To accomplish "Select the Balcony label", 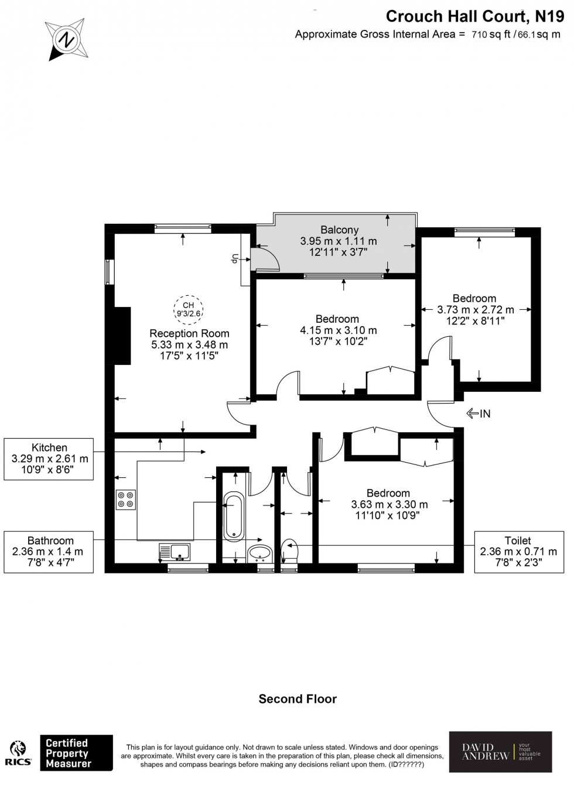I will tap(339, 230).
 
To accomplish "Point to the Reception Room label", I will tap(189, 334).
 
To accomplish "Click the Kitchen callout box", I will tap(49, 459).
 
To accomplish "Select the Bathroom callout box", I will tap(49, 552).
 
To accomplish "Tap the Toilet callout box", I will tap(518, 552).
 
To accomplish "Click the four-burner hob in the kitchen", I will tap(126, 500).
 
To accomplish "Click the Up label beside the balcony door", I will tap(234, 258).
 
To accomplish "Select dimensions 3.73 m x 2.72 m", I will tap(476, 310).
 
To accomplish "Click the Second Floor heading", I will tap(298, 699).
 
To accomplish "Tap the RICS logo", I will tap(19, 754).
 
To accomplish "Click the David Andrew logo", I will tap(500, 752).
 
